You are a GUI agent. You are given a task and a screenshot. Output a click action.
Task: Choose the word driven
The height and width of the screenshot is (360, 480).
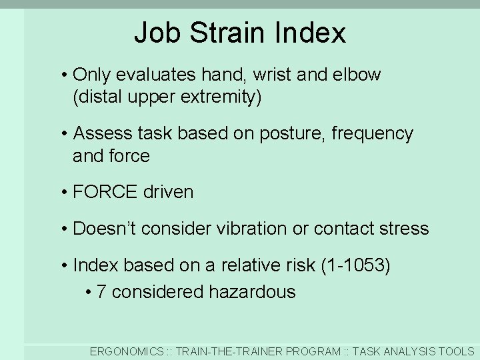pyautogui.click(x=168, y=193)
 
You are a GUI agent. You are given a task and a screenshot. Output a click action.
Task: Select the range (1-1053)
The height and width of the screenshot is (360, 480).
pyautogui.click(x=355, y=265)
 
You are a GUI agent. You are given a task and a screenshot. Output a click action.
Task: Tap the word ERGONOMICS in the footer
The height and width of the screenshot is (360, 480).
pyautogui.click(x=127, y=351)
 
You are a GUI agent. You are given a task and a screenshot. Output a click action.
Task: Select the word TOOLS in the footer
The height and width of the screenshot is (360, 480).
pyautogui.click(x=456, y=351)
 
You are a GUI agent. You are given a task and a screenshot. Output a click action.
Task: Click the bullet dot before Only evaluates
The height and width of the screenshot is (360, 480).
pyautogui.click(x=63, y=75)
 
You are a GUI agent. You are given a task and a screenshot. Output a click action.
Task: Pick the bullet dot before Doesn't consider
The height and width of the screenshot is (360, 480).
pyautogui.click(x=63, y=229)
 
